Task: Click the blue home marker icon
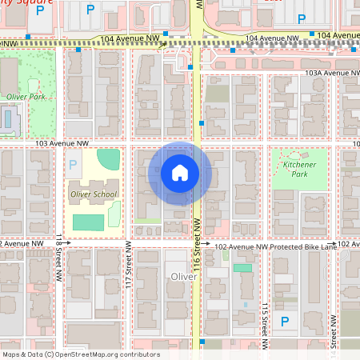pos(180,173)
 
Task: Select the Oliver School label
pos(94,194)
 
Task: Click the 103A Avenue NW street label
pos(328,73)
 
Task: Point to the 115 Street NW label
pos(263,320)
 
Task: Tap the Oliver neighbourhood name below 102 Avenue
pos(182,277)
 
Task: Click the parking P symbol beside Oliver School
pos(74,165)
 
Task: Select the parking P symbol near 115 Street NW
pos(284,322)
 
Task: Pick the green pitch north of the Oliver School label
pos(109,157)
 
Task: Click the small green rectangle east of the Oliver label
pos(241,268)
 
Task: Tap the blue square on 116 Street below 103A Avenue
pos(202,123)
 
